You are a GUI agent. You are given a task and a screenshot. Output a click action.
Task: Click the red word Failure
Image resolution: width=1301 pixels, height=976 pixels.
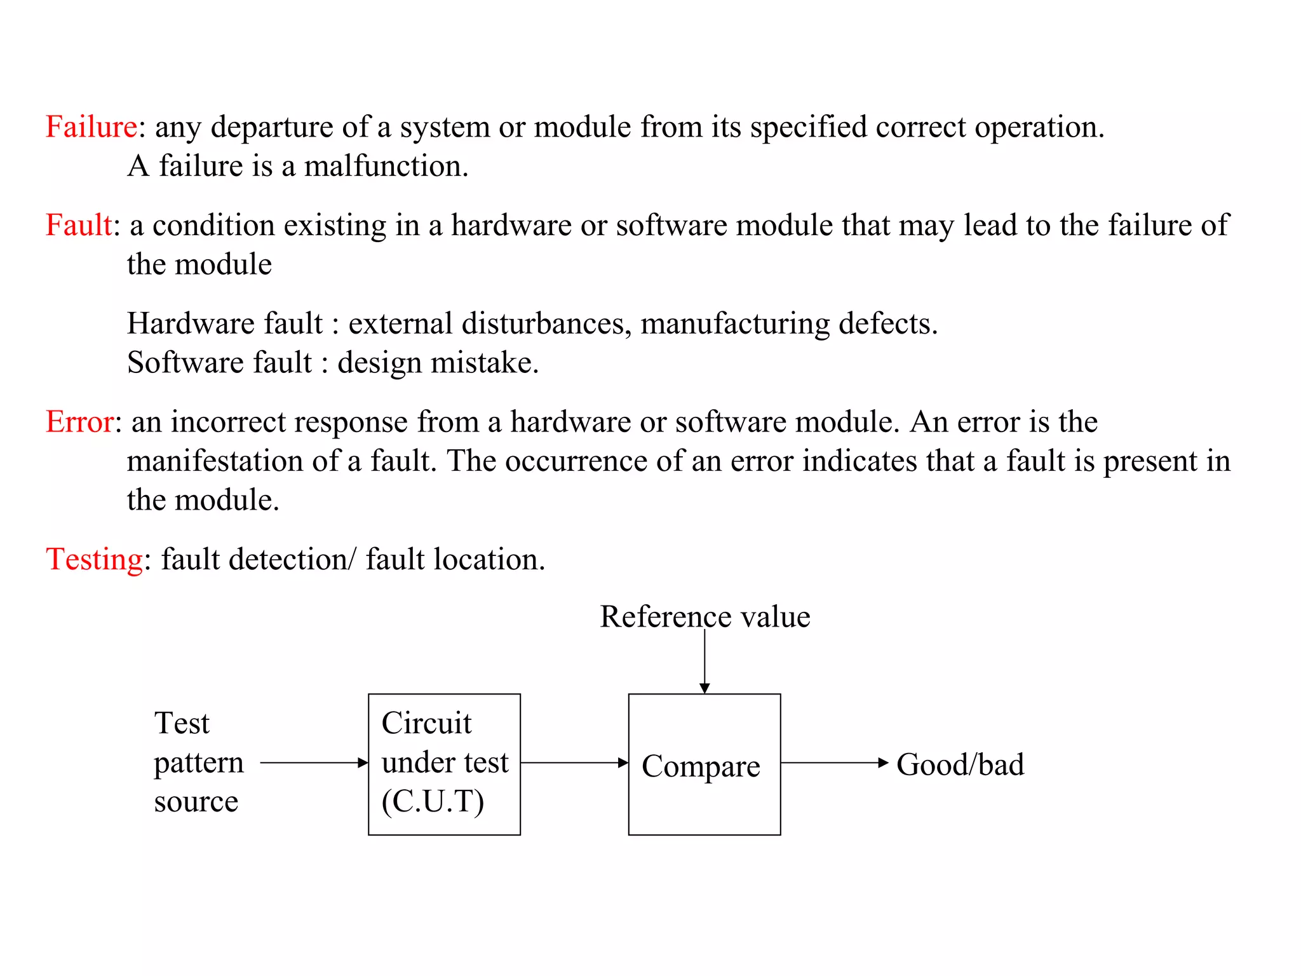(x=91, y=127)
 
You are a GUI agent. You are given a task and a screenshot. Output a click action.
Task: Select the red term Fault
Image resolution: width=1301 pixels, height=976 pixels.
(x=79, y=226)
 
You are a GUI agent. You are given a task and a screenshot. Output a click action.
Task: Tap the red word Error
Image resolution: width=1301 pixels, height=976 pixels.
(x=80, y=422)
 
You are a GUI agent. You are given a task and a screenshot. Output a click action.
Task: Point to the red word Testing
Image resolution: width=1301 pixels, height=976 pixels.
(x=95, y=560)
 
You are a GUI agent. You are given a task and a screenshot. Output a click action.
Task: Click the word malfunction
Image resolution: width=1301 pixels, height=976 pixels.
(x=386, y=166)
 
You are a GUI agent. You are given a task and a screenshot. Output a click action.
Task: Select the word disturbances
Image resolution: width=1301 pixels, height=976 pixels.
(x=546, y=324)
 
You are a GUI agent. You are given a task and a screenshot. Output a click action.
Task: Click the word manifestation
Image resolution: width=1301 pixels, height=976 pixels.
(x=215, y=461)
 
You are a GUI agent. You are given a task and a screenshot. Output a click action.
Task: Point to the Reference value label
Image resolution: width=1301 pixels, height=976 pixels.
(x=704, y=617)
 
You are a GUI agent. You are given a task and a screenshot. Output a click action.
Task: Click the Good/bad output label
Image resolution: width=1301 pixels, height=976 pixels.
(x=960, y=764)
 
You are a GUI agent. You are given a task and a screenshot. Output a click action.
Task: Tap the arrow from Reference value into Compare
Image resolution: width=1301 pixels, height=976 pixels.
(x=704, y=661)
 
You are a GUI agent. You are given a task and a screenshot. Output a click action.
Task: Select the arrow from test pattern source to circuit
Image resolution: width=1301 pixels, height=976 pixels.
(x=314, y=762)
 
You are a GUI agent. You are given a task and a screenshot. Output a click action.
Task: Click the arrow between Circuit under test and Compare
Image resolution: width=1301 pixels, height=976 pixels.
(x=574, y=762)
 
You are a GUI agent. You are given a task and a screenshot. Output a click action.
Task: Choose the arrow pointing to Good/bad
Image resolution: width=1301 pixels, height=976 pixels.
(x=834, y=762)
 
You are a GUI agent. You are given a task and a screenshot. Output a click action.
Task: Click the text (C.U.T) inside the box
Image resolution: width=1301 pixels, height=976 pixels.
(x=433, y=802)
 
